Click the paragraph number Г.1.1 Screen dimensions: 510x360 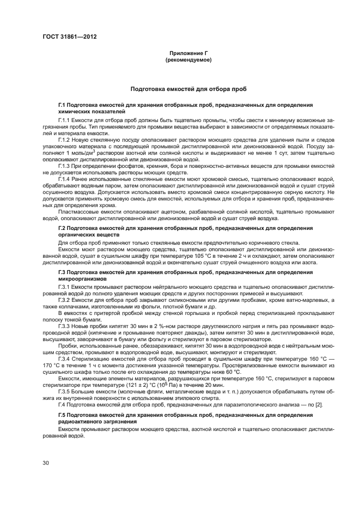(x=64, y=118)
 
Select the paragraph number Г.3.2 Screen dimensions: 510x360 (x=64, y=300)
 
